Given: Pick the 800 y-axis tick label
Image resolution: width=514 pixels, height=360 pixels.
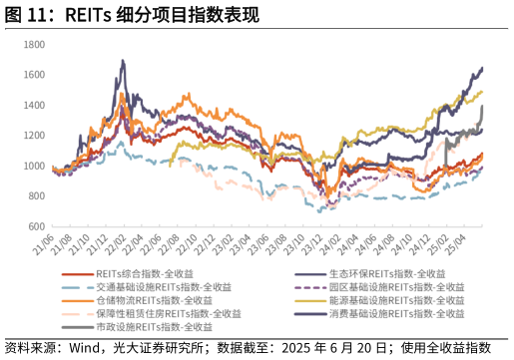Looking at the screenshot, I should pyautogui.click(x=34, y=195).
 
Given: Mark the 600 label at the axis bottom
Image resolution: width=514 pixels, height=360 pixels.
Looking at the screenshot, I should pyautogui.click(x=34, y=225).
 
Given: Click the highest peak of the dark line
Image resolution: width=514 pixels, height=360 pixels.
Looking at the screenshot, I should pyautogui.click(x=123, y=61).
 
